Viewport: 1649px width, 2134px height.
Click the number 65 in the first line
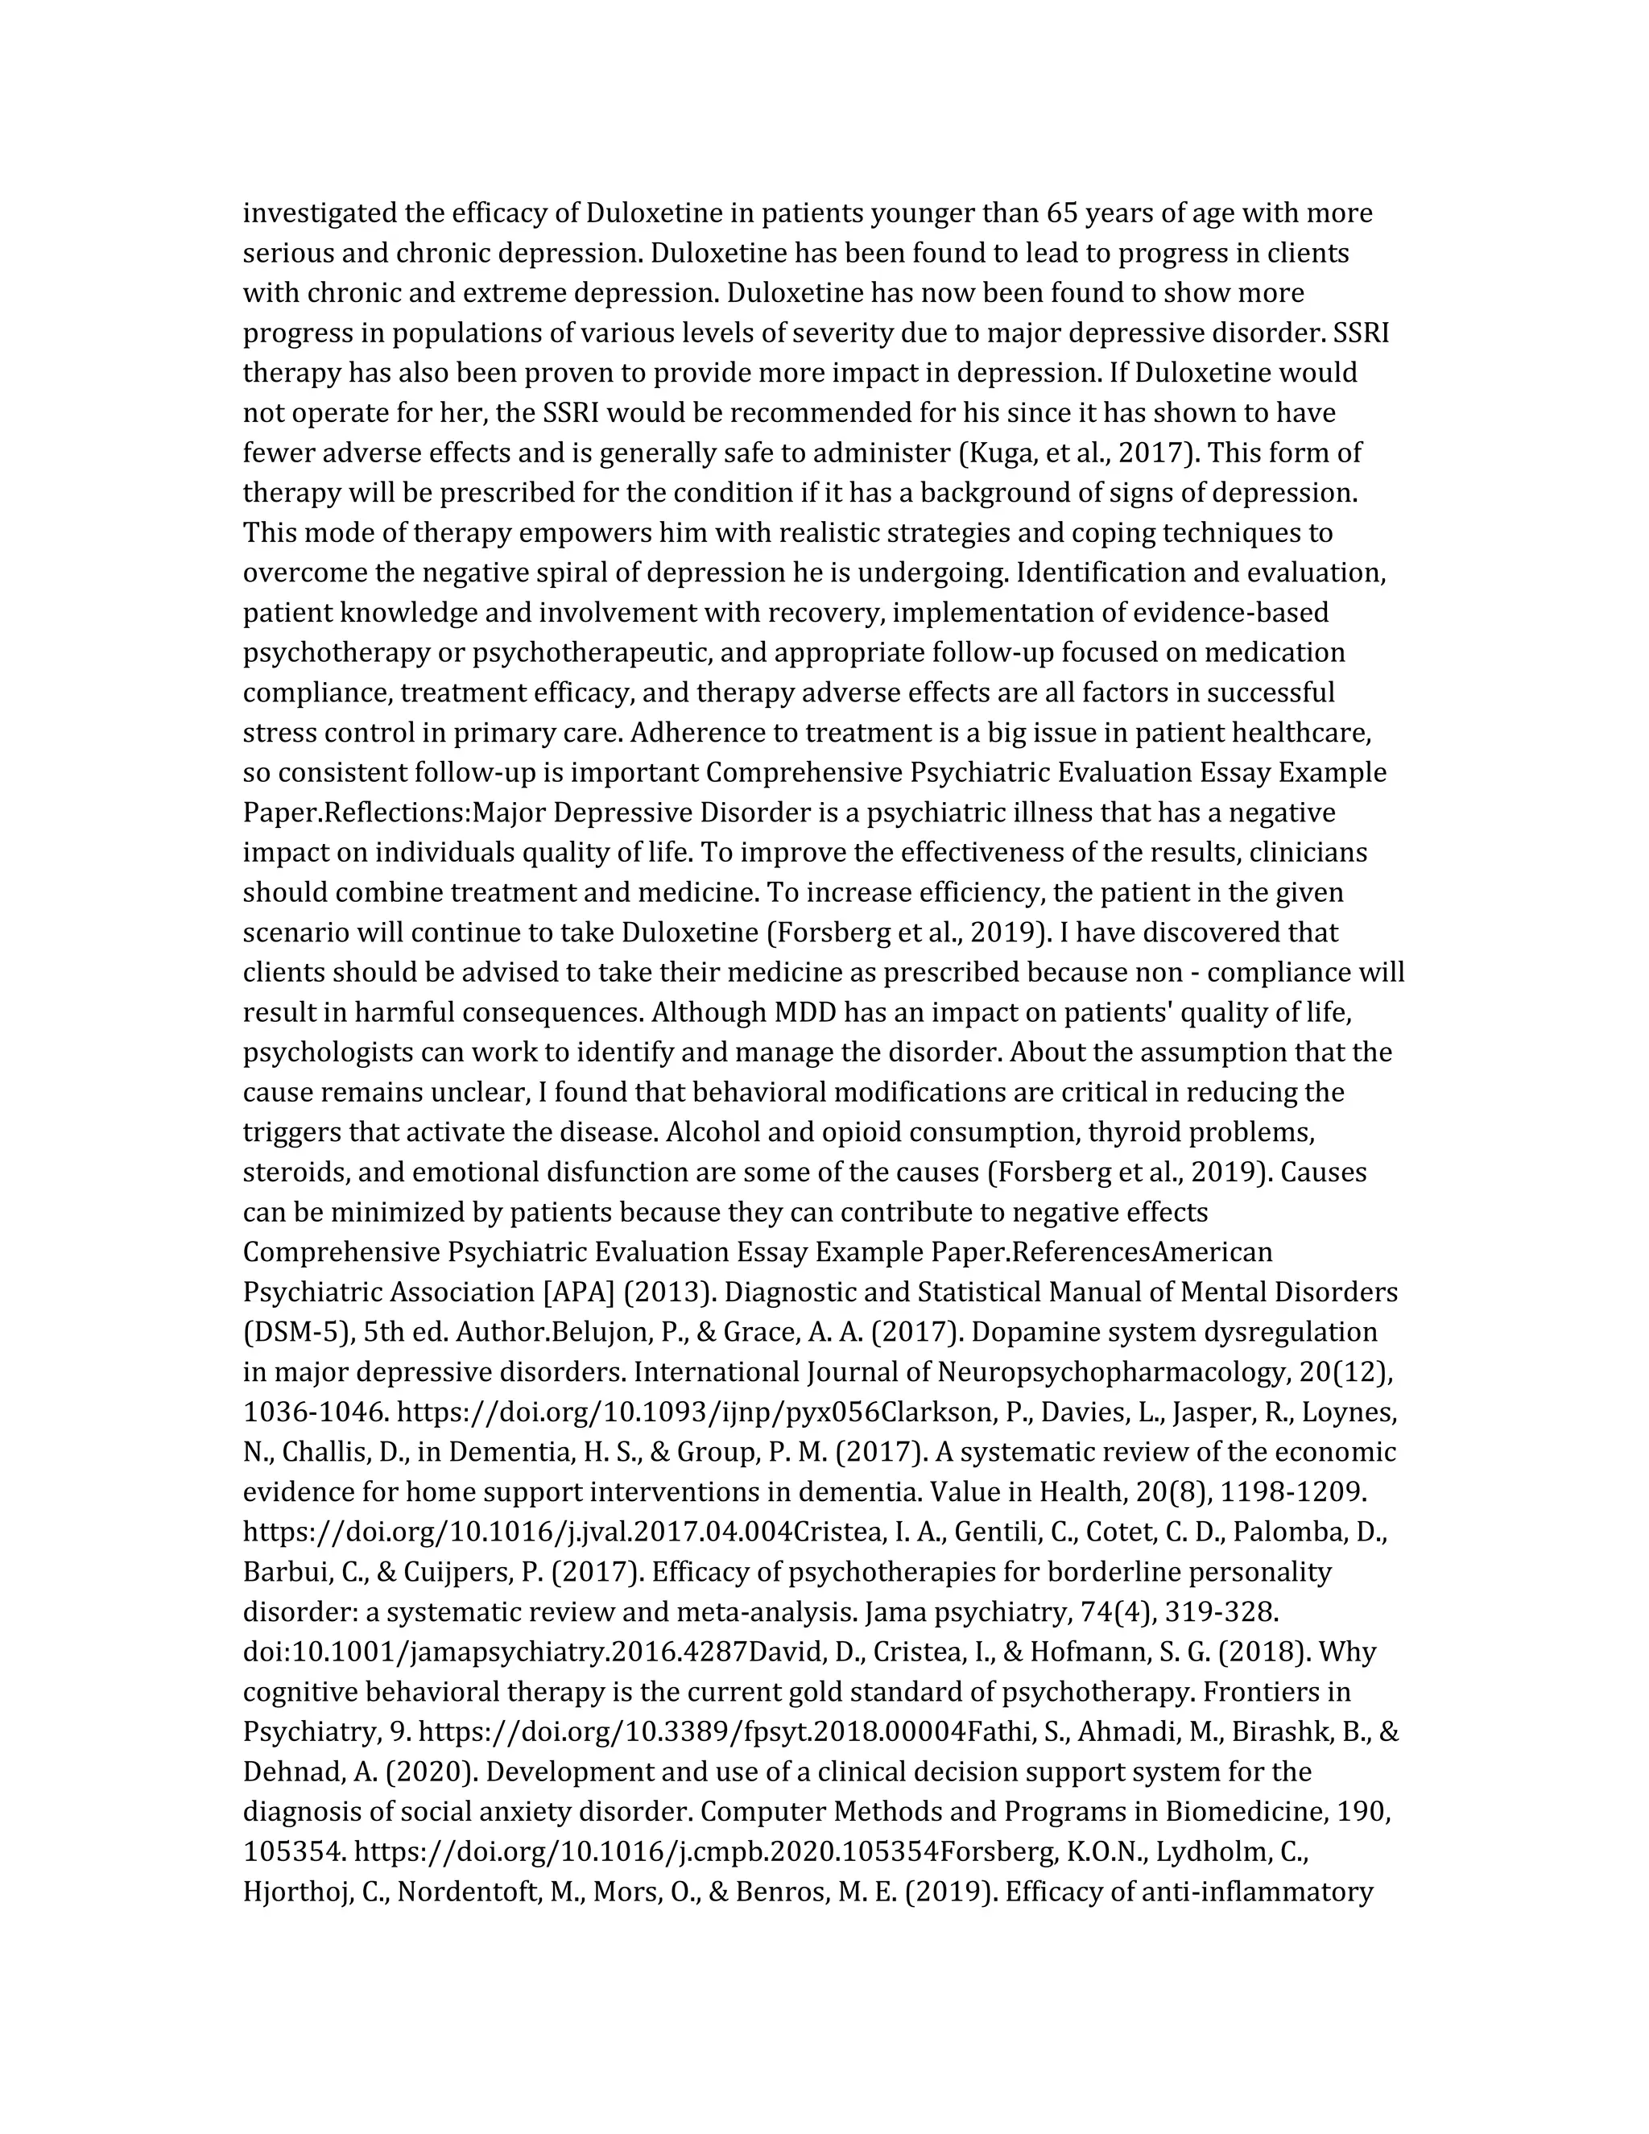click(1062, 213)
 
